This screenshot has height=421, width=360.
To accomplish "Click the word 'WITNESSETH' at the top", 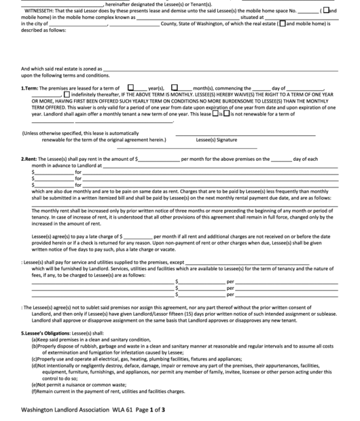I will click(40, 11).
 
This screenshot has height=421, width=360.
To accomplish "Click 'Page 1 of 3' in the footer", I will click(149, 409).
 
